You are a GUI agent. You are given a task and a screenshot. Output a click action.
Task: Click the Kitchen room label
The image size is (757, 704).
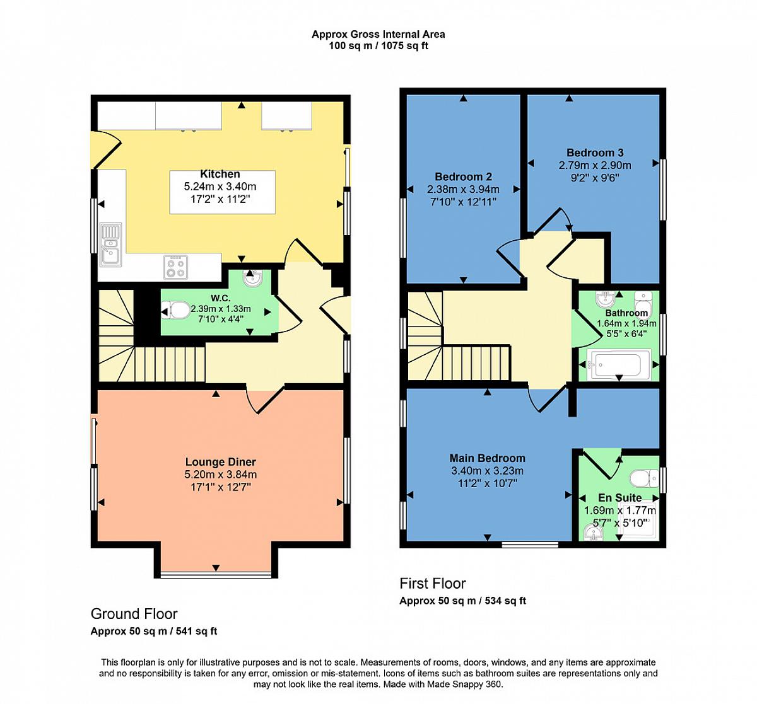pos(220,174)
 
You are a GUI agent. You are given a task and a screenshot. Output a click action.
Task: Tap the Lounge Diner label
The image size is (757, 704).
pos(221,462)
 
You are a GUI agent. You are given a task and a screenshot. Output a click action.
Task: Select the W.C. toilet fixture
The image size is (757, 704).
pos(176,309)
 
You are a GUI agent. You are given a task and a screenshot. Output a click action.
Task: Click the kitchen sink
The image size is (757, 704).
pos(111,245)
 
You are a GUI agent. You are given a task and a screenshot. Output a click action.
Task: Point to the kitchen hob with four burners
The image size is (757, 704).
pos(176,267)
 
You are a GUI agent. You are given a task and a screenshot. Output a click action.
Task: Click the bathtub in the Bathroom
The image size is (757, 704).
pos(618,365)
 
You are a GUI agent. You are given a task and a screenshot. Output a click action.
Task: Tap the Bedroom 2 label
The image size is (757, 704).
pos(463,176)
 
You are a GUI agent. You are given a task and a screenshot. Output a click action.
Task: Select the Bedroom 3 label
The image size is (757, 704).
pos(595,153)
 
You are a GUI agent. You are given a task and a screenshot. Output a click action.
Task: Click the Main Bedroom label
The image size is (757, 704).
pos(488,458)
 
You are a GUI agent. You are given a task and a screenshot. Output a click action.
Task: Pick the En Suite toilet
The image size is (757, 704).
pos(644,478)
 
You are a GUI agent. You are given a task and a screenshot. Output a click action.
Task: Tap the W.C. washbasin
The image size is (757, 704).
pos(252,279)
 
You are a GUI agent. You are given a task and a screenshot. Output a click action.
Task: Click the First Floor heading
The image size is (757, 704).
pos(433,583)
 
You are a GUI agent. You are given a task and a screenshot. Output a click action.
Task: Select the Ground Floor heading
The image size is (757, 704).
pos(134,614)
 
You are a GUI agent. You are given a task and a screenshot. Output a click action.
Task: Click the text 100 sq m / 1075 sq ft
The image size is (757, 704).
pos(378,46)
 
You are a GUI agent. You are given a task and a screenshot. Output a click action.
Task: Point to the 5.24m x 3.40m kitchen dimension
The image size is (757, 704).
pos(220,187)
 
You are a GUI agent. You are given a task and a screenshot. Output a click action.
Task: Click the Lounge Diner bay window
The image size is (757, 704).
pos(216,574)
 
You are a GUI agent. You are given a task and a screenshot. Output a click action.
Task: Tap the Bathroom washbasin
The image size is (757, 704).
pos(606,299)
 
